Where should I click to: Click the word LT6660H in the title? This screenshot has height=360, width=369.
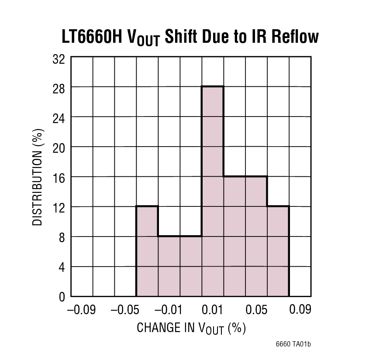[x=92, y=37]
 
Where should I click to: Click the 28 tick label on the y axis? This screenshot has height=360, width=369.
[x=59, y=88]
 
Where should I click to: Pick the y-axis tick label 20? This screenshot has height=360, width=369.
[x=59, y=147]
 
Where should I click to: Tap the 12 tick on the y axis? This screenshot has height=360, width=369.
[x=59, y=207]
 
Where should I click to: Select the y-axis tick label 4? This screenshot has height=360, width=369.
[x=62, y=267]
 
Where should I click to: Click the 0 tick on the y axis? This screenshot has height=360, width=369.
[x=62, y=297]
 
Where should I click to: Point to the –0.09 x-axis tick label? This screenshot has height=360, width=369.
[x=81, y=310]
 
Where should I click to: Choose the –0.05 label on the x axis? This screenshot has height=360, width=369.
[x=125, y=310]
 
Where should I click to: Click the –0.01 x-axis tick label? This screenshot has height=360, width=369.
[x=169, y=310]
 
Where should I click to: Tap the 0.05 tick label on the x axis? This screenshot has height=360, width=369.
[x=256, y=310]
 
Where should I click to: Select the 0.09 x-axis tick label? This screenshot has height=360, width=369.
[x=300, y=310]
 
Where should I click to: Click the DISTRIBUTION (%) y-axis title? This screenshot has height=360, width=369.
[x=38, y=177]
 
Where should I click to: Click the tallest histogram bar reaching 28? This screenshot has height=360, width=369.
[x=213, y=192]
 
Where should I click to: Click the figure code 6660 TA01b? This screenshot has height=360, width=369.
[x=293, y=344]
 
